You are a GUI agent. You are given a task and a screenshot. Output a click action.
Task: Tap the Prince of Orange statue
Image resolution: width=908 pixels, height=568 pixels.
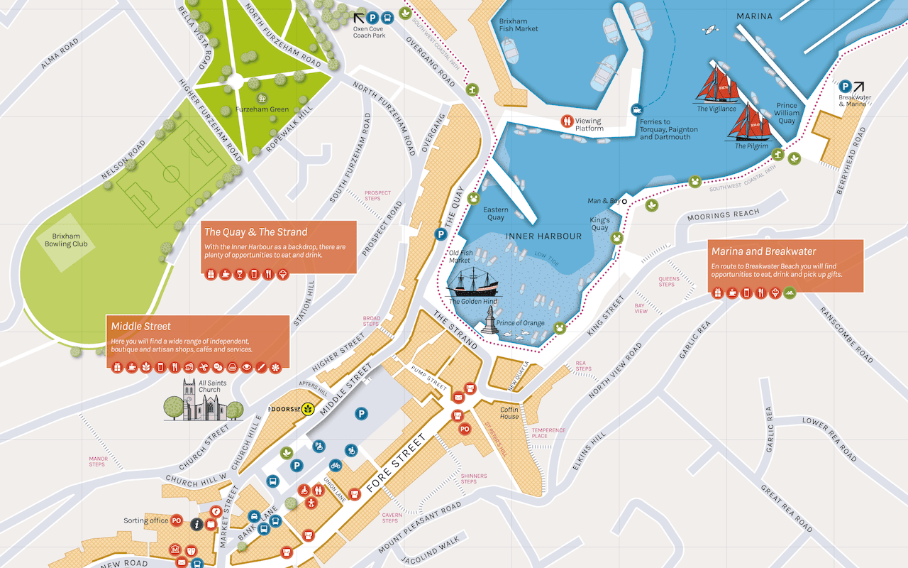click(x=489, y=319)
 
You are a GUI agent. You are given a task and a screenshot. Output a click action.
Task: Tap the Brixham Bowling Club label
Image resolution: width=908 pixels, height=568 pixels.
click(x=67, y=240)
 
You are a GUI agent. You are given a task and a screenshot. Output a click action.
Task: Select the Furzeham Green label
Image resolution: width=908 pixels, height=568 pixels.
click(x=262, y=109)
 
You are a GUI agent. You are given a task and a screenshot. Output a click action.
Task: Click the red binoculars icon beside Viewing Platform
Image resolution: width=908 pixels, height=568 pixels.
click(x=566, y=121)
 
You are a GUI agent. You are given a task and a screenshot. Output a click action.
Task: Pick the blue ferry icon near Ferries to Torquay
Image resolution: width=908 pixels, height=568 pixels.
click(x=637, y=109)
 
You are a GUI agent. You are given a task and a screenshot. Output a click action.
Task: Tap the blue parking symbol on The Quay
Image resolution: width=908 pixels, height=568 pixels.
click(x=441, y=234)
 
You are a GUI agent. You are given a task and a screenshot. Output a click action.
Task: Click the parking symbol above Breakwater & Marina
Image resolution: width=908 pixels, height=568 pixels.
click(x=846, y=86)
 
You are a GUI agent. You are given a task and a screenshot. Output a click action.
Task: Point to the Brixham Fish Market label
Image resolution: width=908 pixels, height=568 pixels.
click(x=519, y=25)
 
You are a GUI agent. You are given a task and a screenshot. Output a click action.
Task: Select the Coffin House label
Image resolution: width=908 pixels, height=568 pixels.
click(x=509, y=413)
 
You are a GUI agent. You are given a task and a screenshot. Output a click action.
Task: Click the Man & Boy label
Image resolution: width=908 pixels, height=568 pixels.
click(x=604, y=201)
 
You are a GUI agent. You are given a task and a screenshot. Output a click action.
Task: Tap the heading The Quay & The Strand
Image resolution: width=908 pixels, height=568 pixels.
click(x=255, y=231)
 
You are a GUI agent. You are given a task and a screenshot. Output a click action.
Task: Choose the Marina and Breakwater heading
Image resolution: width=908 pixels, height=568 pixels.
click(x=763, y=251)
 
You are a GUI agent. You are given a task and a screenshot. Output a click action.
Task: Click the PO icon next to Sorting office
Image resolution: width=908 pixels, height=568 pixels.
click(x=177, y=520)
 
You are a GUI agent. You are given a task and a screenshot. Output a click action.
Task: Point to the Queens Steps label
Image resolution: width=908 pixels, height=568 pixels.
click(x=668, y=281)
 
